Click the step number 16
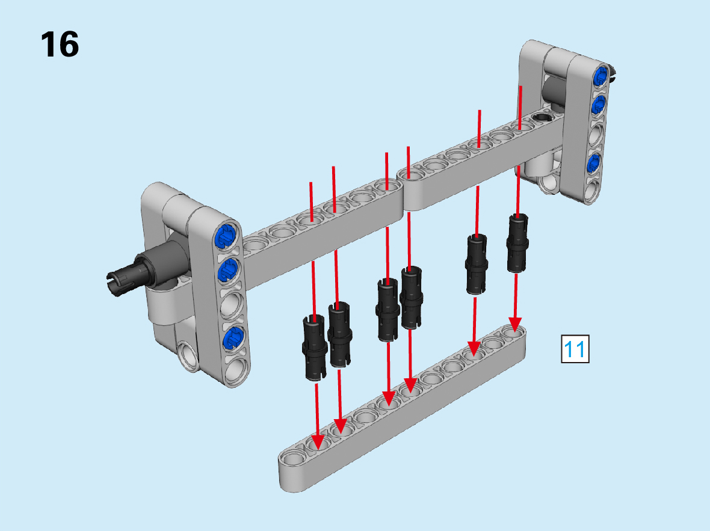[60, 45]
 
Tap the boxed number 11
[575, 349]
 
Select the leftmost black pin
[314, 347]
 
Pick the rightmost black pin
[517, 243]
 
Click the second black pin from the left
[339, 334]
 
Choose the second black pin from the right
[477, 264]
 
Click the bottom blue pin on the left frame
[233, 338]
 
